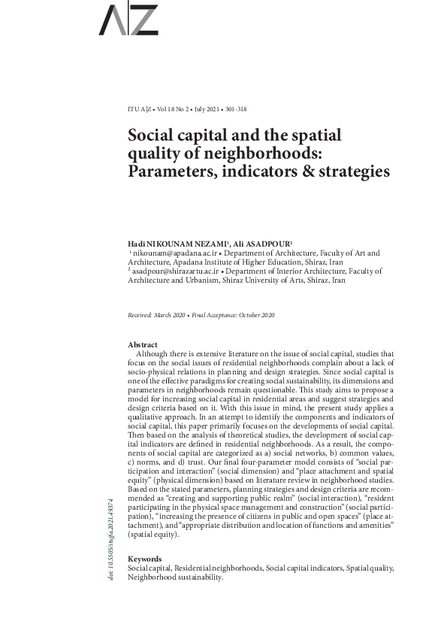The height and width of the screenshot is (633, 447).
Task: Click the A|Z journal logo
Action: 128,21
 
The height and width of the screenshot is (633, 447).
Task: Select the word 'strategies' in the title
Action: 352,171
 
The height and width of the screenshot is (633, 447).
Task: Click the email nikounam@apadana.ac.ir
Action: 165,254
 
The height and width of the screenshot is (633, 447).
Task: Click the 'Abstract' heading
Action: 143,344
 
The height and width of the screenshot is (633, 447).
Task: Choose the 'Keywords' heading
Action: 145,559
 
